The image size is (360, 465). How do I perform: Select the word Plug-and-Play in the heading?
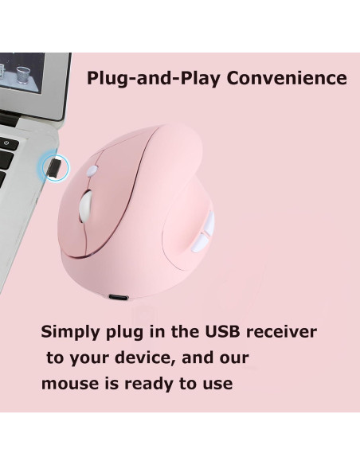(x=155, y=79)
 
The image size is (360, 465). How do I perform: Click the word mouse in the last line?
(x=68, y=384)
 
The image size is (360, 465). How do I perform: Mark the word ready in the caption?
(x=148, y=384)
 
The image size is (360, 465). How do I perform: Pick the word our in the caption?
(x=233, y=358)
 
